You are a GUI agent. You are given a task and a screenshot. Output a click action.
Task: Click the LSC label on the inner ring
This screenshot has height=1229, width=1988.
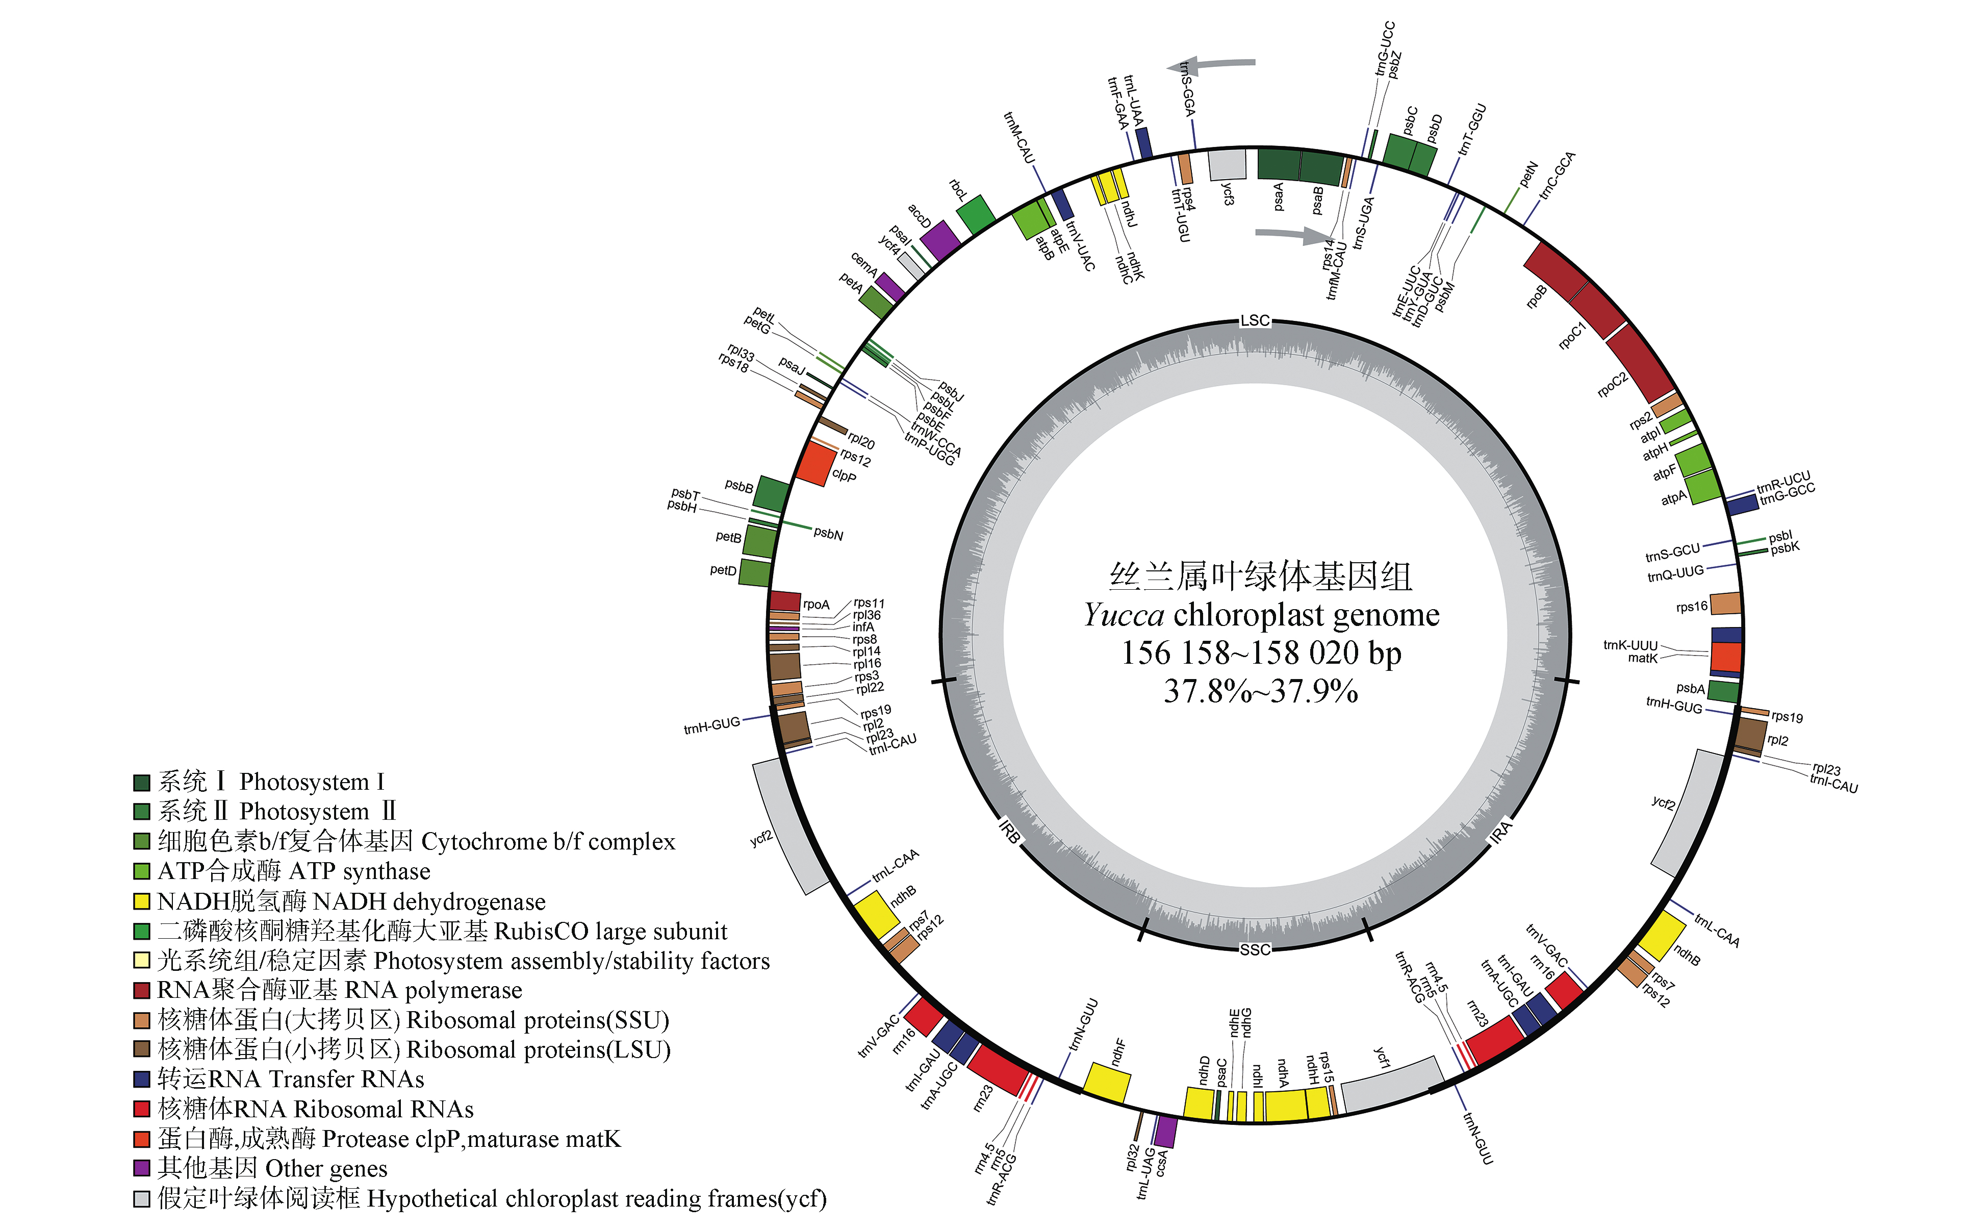click(1255, 320)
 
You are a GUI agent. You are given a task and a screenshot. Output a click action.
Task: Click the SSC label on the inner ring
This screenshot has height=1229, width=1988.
click(1255, 949)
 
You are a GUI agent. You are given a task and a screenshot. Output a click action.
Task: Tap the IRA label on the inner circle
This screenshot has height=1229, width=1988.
click(1501, 832)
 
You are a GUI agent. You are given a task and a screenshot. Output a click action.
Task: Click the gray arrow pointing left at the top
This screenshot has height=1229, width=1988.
click(1211, 64)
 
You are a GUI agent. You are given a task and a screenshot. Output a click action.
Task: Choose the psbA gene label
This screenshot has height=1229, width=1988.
click(1690, 688)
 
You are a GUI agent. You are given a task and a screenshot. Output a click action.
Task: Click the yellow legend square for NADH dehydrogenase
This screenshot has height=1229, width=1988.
click(141, 901)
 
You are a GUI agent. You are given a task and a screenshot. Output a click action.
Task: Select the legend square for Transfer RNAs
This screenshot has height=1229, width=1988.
click(141, 1080)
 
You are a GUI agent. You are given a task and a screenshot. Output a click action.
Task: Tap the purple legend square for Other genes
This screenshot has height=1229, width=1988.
click(141, 1168)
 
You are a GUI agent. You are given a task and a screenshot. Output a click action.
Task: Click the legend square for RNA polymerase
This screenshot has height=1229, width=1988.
click(141, 990)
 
